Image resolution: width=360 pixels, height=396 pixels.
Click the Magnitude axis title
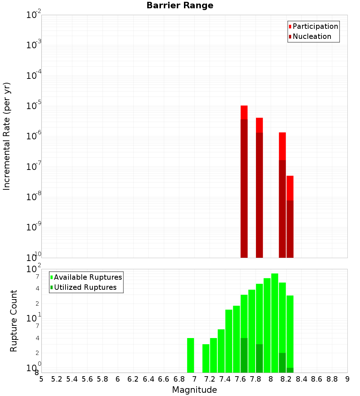[194, 390]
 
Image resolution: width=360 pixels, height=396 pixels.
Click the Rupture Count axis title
[14, 320]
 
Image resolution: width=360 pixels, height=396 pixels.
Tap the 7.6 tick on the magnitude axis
[240, 379]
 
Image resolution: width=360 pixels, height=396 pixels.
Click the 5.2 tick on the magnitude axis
[57, 379]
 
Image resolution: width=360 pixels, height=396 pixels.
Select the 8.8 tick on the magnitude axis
[332, 379]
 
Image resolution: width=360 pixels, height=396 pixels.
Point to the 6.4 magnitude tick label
[148, 379]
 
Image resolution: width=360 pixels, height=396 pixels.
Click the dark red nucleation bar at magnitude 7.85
[259, 194]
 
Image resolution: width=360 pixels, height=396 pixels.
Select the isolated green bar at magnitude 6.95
[190, 355]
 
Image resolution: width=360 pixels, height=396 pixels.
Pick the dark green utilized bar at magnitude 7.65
[244, 355]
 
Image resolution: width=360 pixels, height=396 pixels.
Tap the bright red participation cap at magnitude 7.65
[244, 112]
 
